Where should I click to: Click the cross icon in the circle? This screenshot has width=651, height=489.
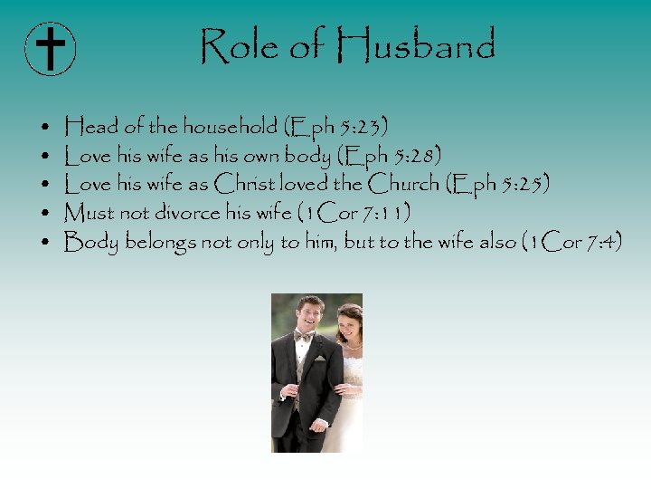click(x=51, y=48)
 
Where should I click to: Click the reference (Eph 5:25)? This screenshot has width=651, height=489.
click(x=497, y=184)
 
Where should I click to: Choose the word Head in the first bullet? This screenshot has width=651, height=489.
click(x=90, y=126)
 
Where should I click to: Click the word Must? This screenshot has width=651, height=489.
click(x=90, y=213)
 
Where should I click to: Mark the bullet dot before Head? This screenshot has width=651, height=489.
click(x=45, y=127)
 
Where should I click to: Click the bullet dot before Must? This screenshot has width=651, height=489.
click(x=45, y=214)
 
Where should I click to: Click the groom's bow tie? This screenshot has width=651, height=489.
click(x=305, y=336)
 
